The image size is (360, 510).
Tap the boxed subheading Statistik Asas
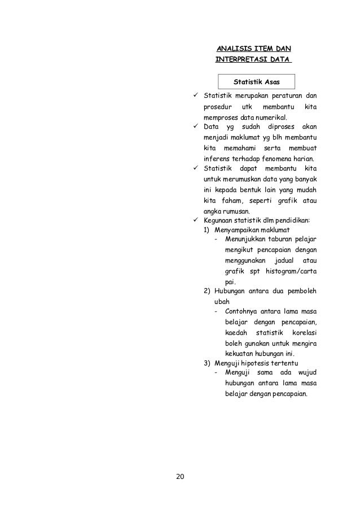click(x=257, y=82)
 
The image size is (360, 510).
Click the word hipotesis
click(x=257, y=362)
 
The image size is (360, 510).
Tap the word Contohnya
click(x=243, y=312)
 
